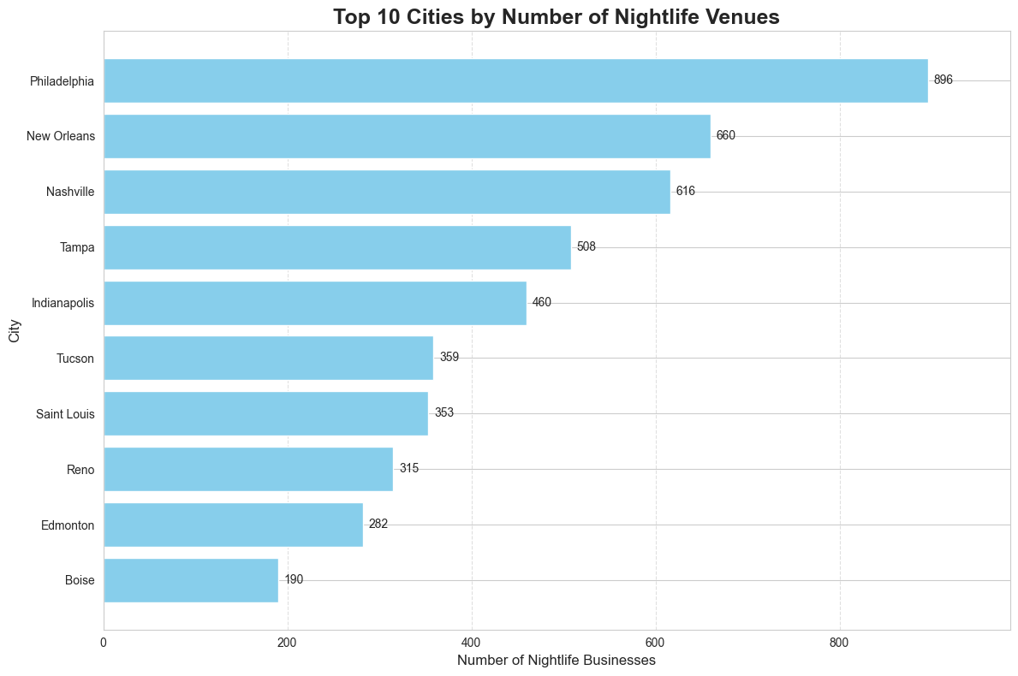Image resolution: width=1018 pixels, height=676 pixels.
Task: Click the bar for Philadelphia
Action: pyautogui.click(x=515, y=80)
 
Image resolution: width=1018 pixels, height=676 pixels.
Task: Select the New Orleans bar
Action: pyautogui.click(x=407, y=136)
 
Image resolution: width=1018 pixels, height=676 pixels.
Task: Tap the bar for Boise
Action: pyautogui.click(x=191, y=580)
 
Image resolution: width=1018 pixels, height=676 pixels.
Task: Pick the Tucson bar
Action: pyautogui.click(x=268, y=358)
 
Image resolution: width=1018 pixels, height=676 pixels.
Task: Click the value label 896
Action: pyautogui.click(x=943, y=80)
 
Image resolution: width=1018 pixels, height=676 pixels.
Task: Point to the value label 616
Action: pyautogui.click(x=685, y=192)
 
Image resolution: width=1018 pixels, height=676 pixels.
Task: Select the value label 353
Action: pyautogui.click(x=444, y=413)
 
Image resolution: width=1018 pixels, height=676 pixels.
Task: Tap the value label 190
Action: pyautogui.click(x=294, y=580)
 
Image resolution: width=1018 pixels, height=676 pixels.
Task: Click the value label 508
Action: pyautogui.click(x=586, y=247)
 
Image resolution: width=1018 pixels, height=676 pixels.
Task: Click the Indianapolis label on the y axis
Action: pyautogui.click(x=63, y=303)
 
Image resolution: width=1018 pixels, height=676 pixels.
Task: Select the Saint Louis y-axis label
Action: pyautogui.click(x=65, y=414)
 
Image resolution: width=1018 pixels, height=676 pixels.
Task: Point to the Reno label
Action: pyautogui.click(x=80, y=470)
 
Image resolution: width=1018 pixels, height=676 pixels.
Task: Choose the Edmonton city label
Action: pyautogui.click(x=68, y=525)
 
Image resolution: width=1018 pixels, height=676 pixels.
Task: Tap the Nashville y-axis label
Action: pyautogui.click(x=70, y=192)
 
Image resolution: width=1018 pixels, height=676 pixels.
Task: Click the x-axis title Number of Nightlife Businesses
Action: pyautogui.click(x=557, y=661)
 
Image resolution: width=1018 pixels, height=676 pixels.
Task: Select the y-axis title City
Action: pyautogui.click(x=14, y=332)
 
